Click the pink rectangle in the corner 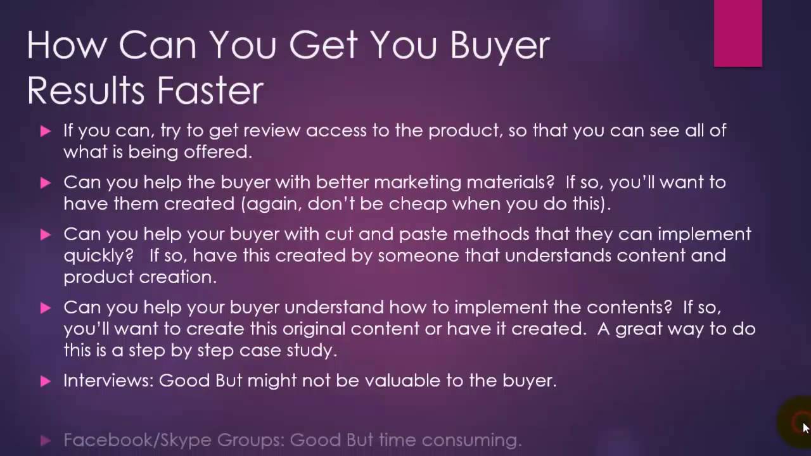click(738, 33)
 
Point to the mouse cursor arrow click(805, 427)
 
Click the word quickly click(95, 256)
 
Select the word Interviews click(108, 381)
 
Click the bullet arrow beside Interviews click(45, 381)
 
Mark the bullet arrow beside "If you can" click(45, 131)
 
